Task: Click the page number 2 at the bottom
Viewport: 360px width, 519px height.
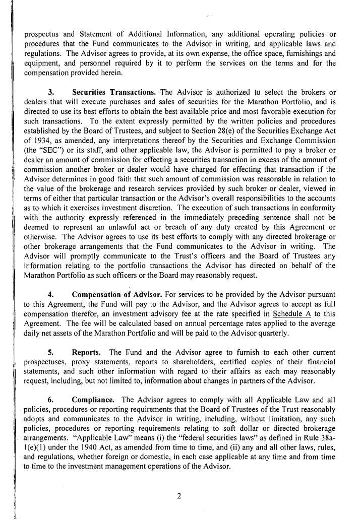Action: coord(179,495)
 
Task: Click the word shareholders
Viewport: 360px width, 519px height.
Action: coord(183,362)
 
